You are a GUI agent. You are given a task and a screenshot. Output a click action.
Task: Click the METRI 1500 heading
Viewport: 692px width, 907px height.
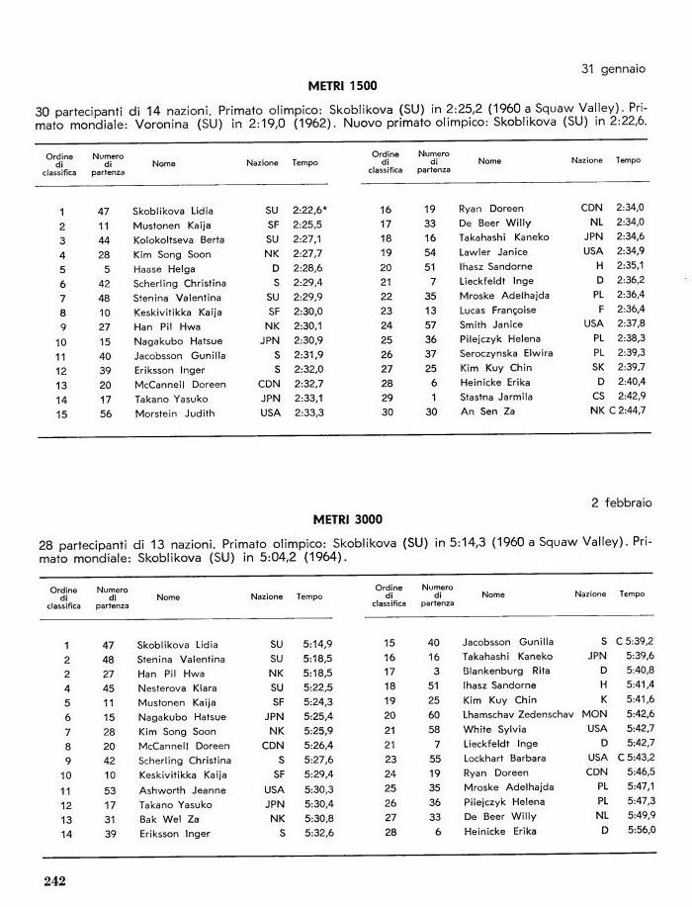[345, 87]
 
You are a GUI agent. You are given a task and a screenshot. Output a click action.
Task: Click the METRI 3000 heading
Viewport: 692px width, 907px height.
[347, 519]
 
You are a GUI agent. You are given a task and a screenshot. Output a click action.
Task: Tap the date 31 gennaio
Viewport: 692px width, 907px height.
[611, 69]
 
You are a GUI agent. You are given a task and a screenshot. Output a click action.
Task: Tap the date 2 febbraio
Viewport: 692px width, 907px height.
[621, 502]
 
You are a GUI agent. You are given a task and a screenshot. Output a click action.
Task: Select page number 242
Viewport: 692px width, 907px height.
[53, 881]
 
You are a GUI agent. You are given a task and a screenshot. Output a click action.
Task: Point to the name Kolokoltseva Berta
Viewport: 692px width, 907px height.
[179, 239]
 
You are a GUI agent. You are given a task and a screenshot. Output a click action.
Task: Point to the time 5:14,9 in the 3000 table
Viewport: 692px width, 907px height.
[312, 644]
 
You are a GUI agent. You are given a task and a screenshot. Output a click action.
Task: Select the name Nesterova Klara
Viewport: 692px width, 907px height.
[174, 687]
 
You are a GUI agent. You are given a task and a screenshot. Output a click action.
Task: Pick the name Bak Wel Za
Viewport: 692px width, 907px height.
[161, 819]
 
